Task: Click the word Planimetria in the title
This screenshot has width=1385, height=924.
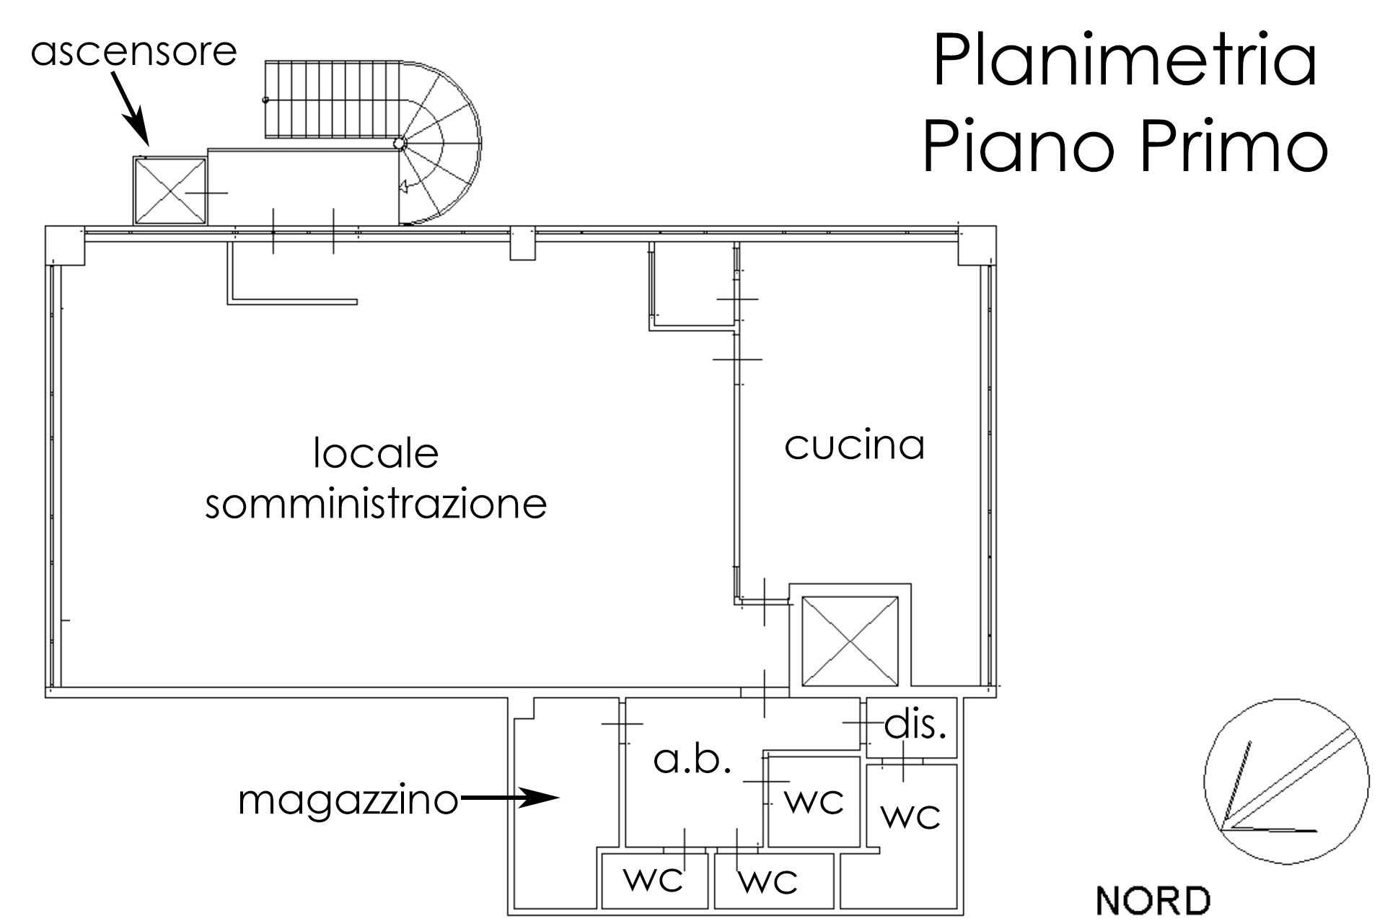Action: tap(1125, 61)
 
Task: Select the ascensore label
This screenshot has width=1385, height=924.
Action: tap(134, 52)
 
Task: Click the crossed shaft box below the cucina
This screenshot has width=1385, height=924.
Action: tap(850, 640)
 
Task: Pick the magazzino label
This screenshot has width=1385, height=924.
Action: tap(348, 800)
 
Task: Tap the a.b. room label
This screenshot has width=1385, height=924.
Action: tap(692, 759)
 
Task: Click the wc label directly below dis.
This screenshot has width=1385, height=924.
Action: tap(911, 816)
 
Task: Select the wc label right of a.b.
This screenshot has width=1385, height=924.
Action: tap(814, 801)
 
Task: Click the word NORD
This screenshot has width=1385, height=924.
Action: tap(1153, 902)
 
